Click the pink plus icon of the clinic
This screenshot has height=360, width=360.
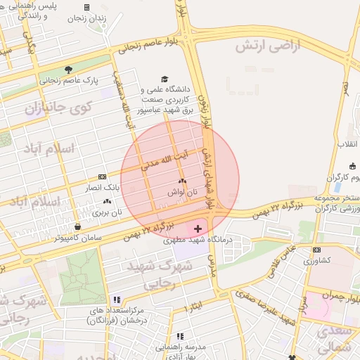[197, 229]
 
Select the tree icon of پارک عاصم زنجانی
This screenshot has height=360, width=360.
[68, 70]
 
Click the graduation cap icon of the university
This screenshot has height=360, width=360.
[165, 79]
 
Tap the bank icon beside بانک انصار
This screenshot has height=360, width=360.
[103, 176]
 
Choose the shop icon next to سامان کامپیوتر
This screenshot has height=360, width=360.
[77, 227]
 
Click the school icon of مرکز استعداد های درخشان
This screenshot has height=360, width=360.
[117, 300]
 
